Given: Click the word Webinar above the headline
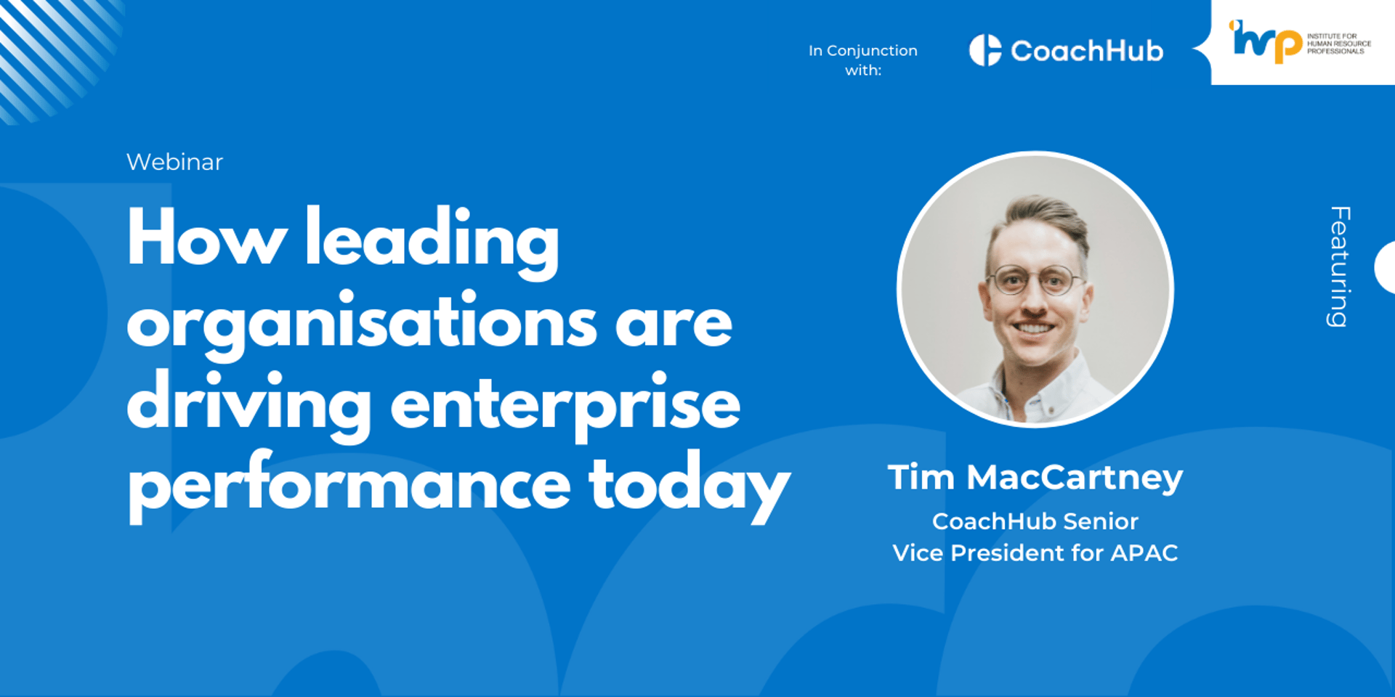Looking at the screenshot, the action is click(x=174, y=162).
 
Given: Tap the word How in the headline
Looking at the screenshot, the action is click(x=207, y=238).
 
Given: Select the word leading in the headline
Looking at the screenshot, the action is click(x=432, y=242).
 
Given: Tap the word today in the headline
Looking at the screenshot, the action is click(x=689, y=486).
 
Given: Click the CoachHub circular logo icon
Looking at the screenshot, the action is click(x=985, y=50).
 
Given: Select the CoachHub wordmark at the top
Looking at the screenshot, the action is click(x=1087, y=51).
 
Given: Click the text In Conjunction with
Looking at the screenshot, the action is click(x=863, y=60).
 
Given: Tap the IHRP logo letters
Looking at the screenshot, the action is click(x=1265, y=41).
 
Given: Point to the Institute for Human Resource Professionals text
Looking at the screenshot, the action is click(x=1339, y=44).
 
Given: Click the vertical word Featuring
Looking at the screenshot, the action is click(x=1340, y=266).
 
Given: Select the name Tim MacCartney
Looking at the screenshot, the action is click(x=1035, y=478).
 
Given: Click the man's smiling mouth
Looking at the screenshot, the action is click(x=1035, y=328).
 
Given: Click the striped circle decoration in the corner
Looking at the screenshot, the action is click(x=54, y=54).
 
